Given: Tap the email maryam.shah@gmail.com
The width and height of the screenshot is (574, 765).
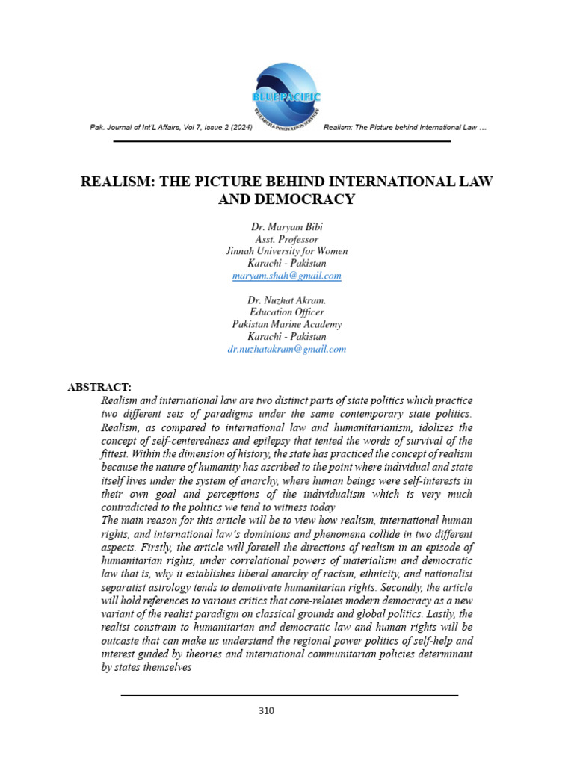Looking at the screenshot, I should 287,276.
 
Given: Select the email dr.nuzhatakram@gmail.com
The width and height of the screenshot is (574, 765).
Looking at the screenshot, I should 287,349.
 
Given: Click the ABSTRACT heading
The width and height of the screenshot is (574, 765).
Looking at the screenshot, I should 99,387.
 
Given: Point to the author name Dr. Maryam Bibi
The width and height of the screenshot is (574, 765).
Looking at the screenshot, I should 287,226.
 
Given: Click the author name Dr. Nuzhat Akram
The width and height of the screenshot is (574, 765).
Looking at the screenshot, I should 287,300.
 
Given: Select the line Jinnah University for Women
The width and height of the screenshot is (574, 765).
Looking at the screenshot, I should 287,251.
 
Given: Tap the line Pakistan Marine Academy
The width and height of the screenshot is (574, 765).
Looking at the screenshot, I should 287,324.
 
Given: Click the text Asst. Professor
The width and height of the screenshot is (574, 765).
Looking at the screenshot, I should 287,239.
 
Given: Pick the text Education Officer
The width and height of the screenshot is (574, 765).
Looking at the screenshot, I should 287,312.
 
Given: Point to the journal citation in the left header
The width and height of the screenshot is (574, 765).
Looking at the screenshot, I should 170,128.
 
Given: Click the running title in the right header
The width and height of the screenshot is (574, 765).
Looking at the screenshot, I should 406,128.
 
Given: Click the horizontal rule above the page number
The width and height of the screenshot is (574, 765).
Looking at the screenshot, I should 289,696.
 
